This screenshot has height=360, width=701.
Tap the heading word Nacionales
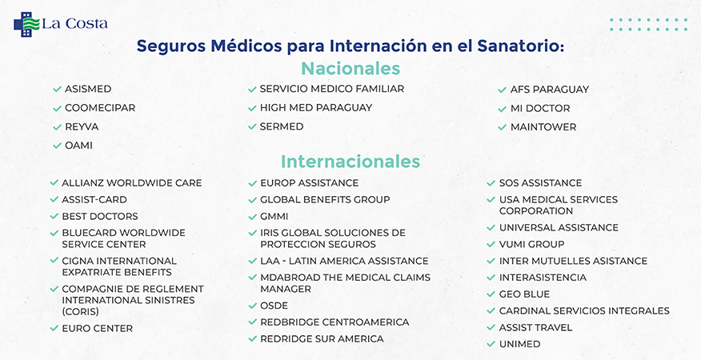point(350,69)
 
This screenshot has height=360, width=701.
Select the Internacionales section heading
point(350,162)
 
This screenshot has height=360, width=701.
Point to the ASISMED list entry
point(88,89)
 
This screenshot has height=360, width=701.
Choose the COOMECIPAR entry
point(100,108)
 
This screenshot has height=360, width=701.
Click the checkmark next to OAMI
point(57,146)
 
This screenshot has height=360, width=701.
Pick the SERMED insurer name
point(282,126)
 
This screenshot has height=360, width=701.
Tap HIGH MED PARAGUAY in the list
point(316,108)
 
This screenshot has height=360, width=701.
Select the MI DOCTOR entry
point(540,108)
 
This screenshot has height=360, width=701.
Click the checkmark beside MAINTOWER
point(502,127)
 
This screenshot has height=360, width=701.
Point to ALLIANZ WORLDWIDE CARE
point(132,183)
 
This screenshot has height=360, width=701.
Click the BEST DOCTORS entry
point(100,217)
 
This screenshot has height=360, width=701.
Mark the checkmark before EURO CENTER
point(54,328)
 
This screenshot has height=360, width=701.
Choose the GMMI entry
point(274,217)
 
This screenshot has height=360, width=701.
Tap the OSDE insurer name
point(274,306)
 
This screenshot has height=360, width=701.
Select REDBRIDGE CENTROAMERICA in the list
point(334,322)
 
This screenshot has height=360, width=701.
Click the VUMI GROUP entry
point(531,244)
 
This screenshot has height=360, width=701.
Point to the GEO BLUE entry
point(524,294)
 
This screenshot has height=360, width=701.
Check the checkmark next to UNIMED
point(491,344)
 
